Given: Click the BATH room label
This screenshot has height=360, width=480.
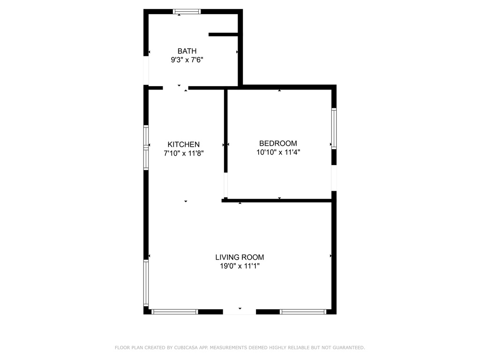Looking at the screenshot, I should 187,51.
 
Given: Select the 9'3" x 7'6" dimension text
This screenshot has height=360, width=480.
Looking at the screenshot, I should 187,60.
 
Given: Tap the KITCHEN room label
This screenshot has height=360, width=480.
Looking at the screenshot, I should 184,145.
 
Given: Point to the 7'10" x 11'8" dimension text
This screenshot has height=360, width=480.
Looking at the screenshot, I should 184,153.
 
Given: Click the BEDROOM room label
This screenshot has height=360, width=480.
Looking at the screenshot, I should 278,143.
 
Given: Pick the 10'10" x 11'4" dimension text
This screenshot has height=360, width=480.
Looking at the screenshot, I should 278,152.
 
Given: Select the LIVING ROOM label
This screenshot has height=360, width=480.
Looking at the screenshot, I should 240,257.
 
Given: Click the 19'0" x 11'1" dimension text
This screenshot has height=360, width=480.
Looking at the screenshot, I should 240,266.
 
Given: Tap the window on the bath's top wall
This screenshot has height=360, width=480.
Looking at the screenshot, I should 187,12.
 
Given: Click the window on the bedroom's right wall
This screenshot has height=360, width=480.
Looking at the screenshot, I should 334,128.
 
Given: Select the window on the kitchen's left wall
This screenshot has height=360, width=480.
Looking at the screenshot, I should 146,147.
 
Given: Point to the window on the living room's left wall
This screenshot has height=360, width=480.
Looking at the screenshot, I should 146,283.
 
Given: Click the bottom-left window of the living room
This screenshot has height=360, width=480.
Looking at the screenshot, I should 175,311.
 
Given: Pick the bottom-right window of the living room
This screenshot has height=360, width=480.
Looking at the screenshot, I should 303,311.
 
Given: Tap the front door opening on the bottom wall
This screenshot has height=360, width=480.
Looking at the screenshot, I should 239,311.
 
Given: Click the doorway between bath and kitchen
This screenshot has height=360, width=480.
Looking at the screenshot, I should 175,88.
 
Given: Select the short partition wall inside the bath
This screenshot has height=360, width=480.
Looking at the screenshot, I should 224,34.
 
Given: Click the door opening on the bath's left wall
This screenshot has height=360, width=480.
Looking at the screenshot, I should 146,71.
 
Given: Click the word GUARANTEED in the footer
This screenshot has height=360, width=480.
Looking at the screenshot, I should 348,348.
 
